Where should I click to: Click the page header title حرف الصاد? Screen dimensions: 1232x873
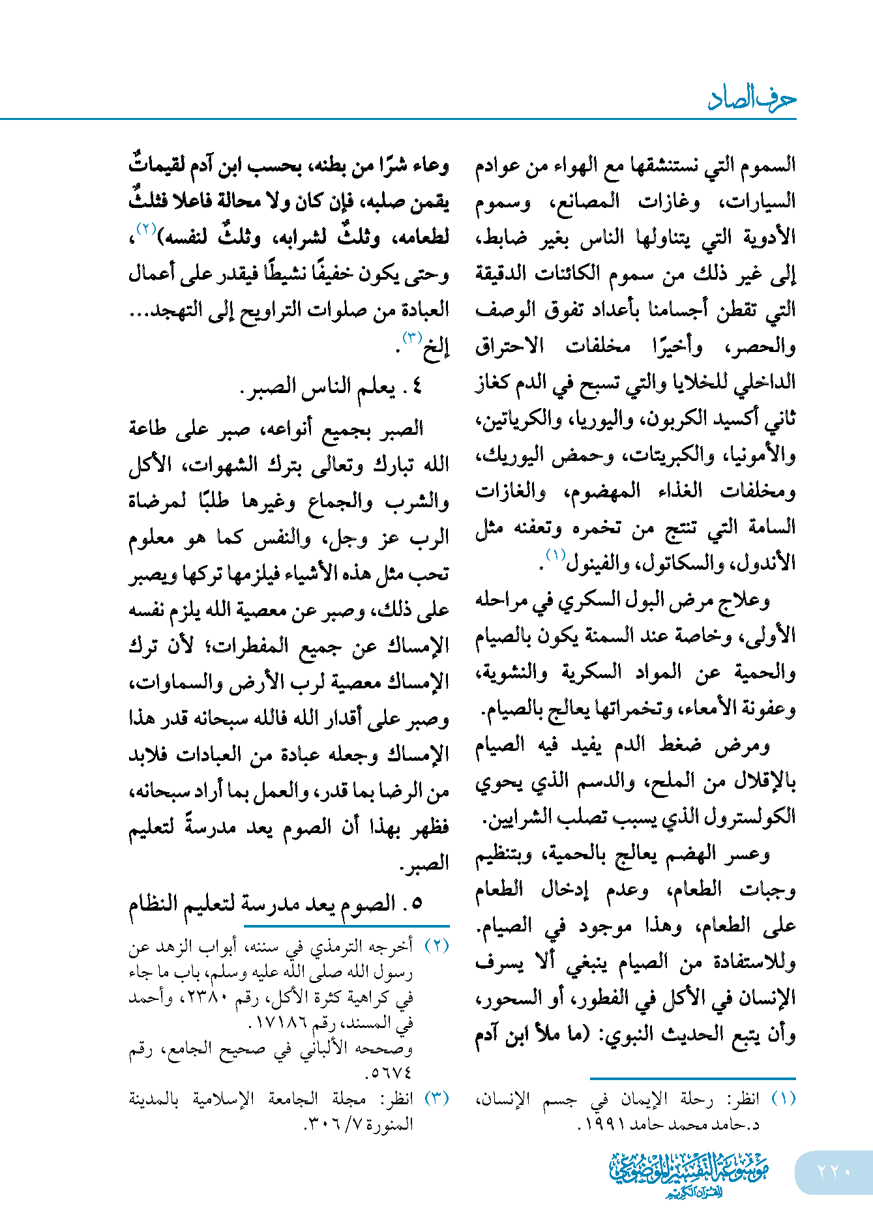coord(752,99)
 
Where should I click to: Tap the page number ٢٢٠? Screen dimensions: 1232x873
coord(834,1171)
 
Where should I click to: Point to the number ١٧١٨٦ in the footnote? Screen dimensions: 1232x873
coord(281,1023)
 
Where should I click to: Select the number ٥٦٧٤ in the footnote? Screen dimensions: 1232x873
coord(391,1072)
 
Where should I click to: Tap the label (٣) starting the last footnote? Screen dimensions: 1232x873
coord(437,1098)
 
